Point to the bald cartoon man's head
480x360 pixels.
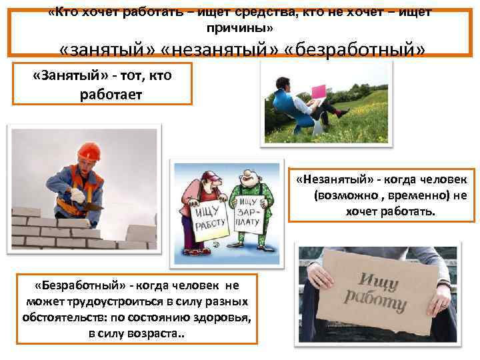249,175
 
